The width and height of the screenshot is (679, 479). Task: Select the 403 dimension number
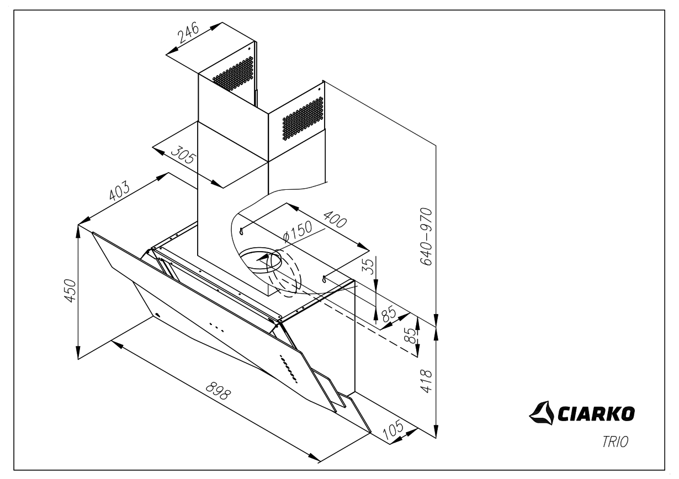pos(119,191)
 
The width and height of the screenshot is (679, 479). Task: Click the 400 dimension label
pos(333,219)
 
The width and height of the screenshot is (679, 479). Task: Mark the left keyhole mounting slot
pos(242,231)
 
